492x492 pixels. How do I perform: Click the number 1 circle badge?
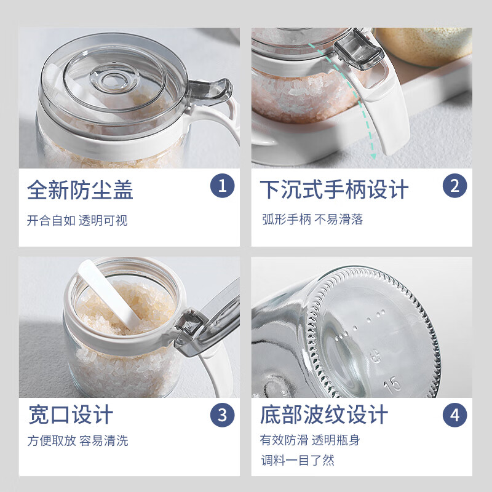point(222,185)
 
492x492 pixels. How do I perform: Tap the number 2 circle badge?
point(454,185)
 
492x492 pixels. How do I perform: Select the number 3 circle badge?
point(222,415)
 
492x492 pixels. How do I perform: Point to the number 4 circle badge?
point(454,415)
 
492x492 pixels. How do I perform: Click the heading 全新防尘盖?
point(80,189)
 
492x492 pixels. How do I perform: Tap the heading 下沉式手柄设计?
point(333,189)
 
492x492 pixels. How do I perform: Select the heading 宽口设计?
point(71,415)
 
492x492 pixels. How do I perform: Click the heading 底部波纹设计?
point(324,415)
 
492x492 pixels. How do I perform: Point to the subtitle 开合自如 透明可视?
point(77,220)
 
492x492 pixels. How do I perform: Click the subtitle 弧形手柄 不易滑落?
point(312,220)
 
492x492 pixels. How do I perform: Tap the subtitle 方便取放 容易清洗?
point(77,441)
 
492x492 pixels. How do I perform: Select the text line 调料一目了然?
point(297,460)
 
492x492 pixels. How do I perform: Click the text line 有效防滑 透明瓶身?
point(310,440)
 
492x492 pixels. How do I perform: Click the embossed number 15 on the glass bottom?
point(393,384)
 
